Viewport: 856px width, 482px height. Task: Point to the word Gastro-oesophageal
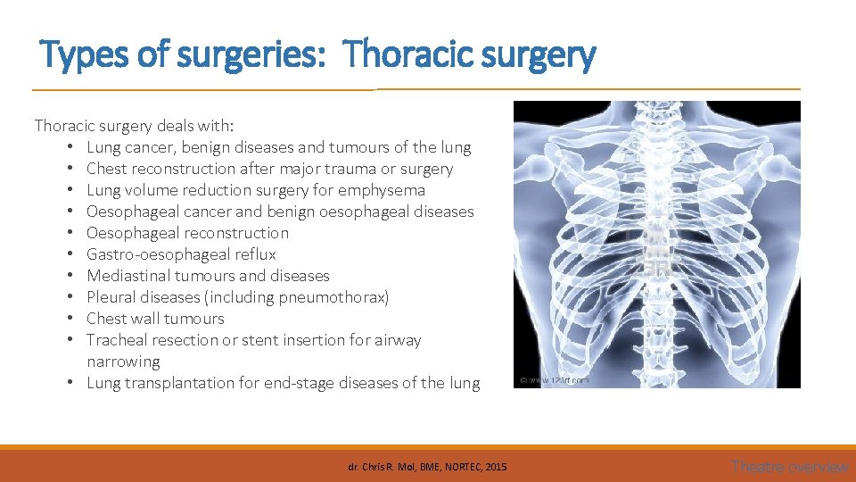coord(158,254)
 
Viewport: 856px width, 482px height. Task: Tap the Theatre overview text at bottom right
coord(789,467)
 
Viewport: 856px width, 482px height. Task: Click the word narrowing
coord(123,361)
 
